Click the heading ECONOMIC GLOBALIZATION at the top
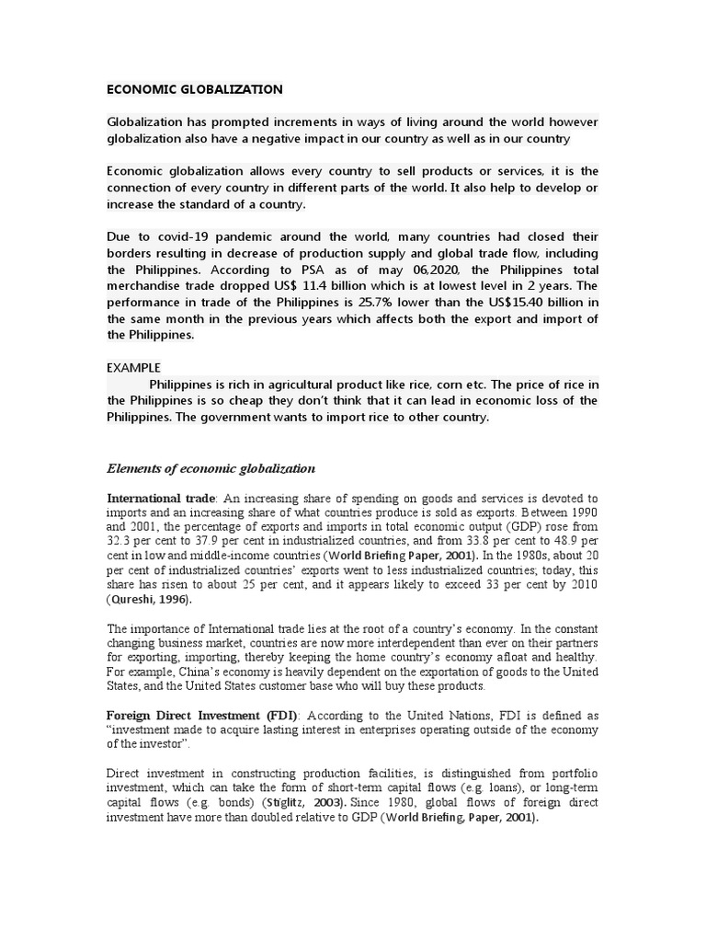(x=195, y=89)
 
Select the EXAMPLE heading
(x=134, y=367)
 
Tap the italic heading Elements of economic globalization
(x=211, y=468)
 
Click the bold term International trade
(x=160, y=498)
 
